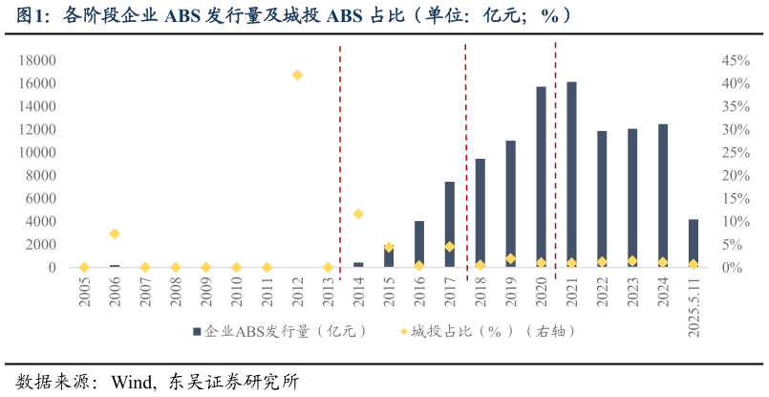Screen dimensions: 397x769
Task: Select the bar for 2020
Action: (x=541, y=177)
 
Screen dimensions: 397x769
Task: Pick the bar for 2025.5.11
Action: (x=694, y=244)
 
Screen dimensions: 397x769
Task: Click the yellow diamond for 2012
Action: (x=297, y=75)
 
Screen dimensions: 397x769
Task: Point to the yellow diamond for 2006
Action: (x=115, y=233)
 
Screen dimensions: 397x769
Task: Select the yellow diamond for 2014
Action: (x=358, y=213)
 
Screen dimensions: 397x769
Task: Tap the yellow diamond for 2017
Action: (x=449, y=247)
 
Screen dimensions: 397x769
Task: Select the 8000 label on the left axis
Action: (x=40, y=175)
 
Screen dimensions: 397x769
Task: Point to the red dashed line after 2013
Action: (x=340, y=163)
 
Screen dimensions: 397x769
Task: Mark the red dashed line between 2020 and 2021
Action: (x=556, y=163)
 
